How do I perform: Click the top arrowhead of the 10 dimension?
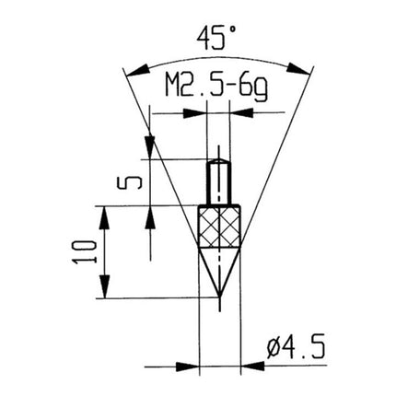tap(109, 214)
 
